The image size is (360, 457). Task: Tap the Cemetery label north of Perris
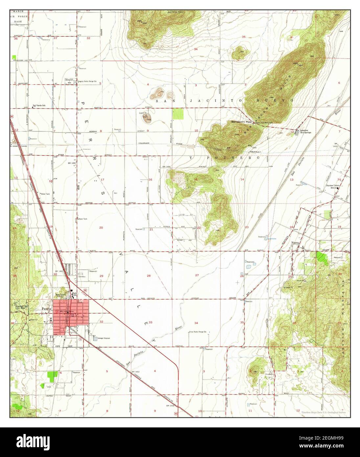82,277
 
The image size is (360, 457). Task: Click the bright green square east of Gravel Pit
178,114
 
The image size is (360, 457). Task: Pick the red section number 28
148,276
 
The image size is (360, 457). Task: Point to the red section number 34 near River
196,323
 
